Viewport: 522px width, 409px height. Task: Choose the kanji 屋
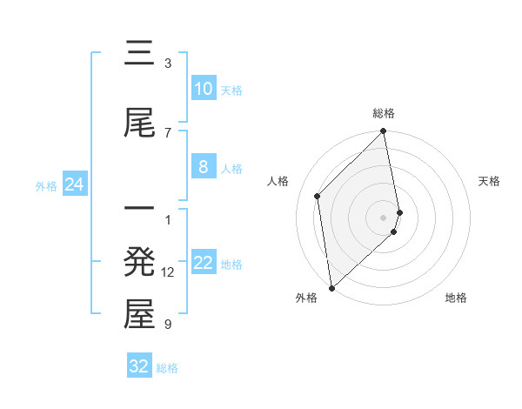pyautogui.click(x=139, y=315)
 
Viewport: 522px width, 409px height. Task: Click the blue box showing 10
pyautogui.click(x=203, y=89)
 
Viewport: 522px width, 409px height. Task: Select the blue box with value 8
pyautogui.click(x=203, y=167)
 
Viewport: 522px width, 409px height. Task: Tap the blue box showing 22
pyautogui.click(x=203, y=263)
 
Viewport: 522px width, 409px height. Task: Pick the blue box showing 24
pyautogui.click(x=74, y=184)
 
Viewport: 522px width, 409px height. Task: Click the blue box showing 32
pyautogui.click(x=139, y=366)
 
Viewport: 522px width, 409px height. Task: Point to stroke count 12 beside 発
pyautogui.click(x=168, y=272)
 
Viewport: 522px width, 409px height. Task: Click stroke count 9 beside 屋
pyautogui.click(x=168, y=325)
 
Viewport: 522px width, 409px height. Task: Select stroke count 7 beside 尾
pyautogui.click(x=168, y=132)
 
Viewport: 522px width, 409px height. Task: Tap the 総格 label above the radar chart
pyautogui.click(x=384, y=113)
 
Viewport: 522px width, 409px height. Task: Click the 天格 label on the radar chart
pyautogui.click(x=490, y=181)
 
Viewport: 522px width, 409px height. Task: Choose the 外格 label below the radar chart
pyautogui.click(x=306, y=298)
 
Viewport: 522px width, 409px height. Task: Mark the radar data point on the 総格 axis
pyautogui.click(x=384, y=132)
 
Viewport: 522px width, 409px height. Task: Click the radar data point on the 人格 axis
pyautogui.click(x=318, y=196)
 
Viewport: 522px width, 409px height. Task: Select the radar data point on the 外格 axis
pyautogui.click(x=331, y=287)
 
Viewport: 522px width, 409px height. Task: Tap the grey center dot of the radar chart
pyautogui.click(x=384, y=217)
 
